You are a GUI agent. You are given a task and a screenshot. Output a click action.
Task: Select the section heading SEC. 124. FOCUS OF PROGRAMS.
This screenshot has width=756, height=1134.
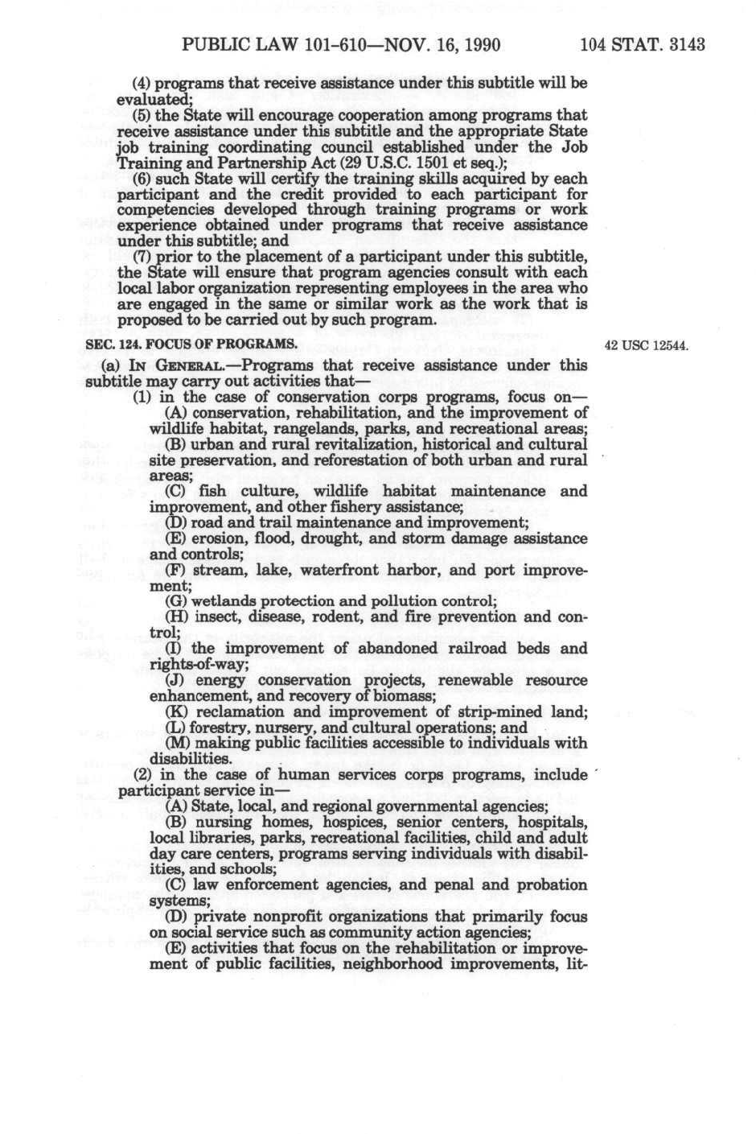tap(191, 344)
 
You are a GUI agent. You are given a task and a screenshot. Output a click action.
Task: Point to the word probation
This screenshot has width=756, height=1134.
tap(552, 885)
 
